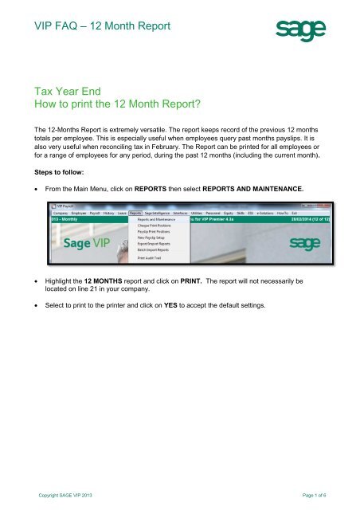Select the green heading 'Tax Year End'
pos(66,92)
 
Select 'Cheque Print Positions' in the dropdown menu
pos(156,226)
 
